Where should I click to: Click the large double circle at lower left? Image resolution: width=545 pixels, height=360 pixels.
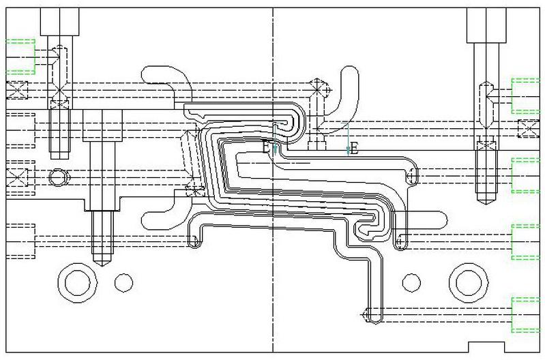[74, 280]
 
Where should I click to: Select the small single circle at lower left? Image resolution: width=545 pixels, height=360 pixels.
[123, 280]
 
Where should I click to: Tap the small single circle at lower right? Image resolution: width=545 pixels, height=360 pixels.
[411, 280]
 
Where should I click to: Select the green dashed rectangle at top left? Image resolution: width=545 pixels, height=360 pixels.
[20, 56]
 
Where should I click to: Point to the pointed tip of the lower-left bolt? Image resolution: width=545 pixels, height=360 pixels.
[100, 263]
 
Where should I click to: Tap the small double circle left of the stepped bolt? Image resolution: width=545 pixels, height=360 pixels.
[59, 177]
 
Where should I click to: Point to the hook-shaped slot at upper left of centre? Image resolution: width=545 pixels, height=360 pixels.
[167, 80]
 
